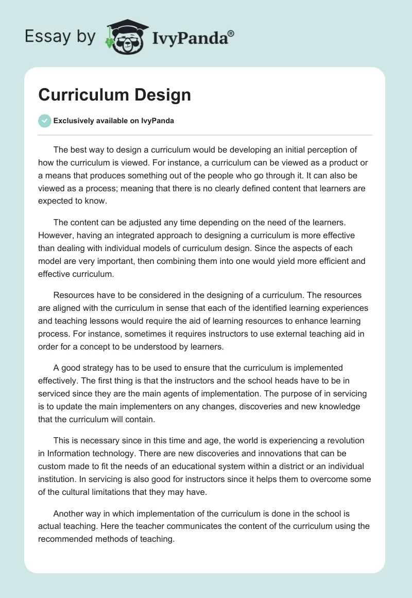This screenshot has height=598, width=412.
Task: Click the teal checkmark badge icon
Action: [x=44, y=121]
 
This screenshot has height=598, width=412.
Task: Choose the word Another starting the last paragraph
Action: [x=70, y=513]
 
